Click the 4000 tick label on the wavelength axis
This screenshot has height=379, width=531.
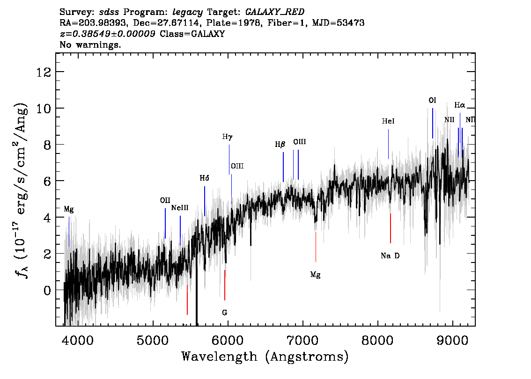coord(78,341)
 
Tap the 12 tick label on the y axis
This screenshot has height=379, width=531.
coord(44,72)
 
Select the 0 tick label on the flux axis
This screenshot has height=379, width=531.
coord(47,290)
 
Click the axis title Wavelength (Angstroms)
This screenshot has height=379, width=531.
coord(265,357)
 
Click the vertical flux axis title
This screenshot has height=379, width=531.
coord(21,190)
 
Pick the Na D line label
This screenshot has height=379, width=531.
coord(390,256)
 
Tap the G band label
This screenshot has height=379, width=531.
coord(224,313)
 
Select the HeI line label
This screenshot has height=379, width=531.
coord(388,121)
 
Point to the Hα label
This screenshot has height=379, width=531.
coord(459,105)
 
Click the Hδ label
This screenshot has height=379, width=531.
coord(204,178)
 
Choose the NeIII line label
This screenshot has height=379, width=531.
coord(179,208)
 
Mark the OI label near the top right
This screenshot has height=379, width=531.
coord(433,101)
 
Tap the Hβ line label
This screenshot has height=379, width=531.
coord(280,145)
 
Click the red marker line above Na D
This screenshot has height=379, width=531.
coord(391,228)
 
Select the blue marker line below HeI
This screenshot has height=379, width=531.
coord(389,144)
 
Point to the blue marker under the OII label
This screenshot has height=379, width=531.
coord(165,223)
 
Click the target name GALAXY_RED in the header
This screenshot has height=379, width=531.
coord(275,12)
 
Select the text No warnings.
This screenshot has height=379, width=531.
coord(90,44)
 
